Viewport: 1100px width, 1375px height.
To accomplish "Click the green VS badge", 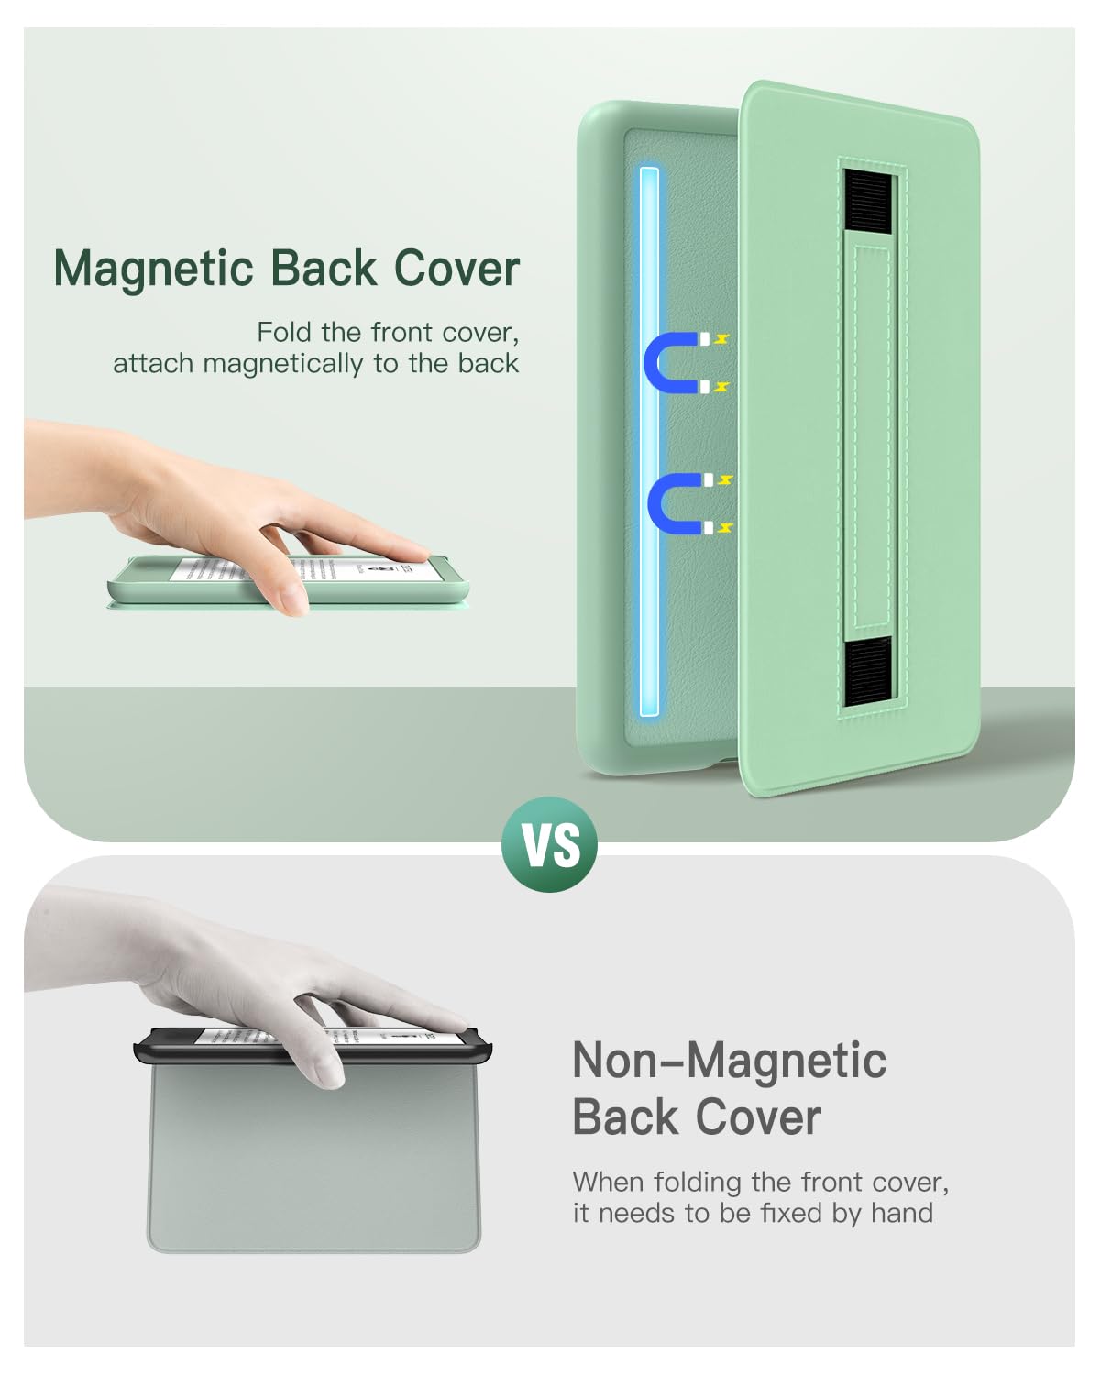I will [550, 844].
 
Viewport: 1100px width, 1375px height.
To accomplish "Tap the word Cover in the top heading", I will [456, 269].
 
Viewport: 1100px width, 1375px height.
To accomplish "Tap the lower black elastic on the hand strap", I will [867, 672].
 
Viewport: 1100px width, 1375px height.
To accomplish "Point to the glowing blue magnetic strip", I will [649, 440].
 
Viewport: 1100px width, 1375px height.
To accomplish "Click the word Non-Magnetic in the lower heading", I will [729, 1061].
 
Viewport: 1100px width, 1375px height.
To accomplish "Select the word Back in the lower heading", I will [623, 1117].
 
